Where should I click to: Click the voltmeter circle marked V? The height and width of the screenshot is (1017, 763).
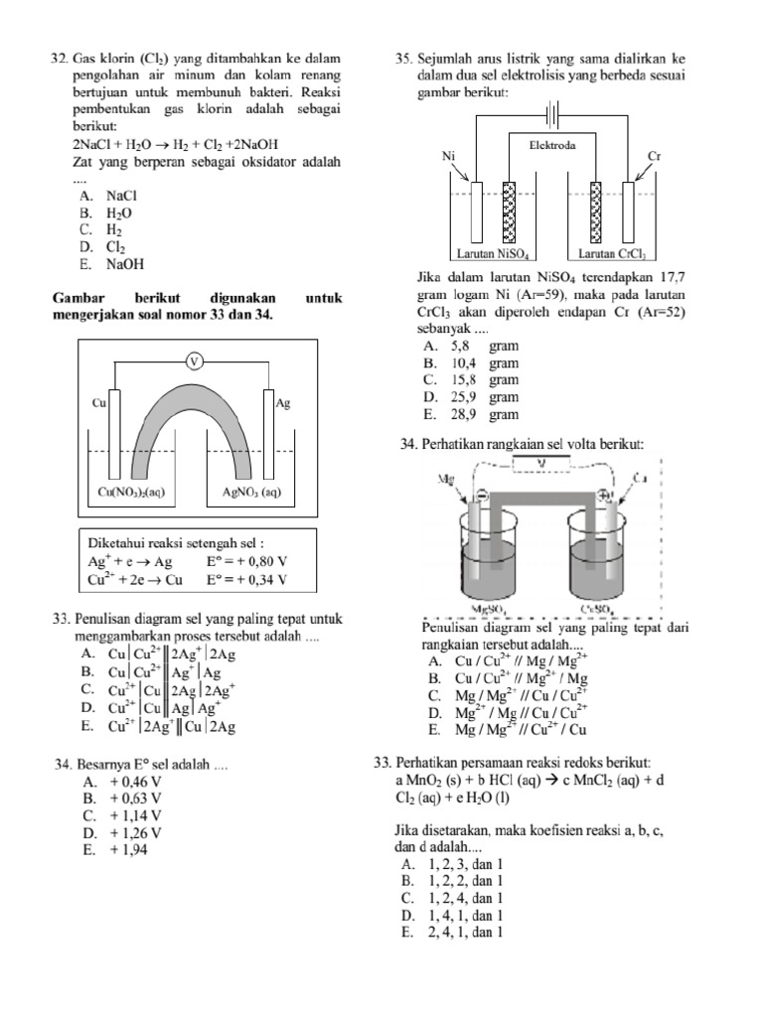point(195,361)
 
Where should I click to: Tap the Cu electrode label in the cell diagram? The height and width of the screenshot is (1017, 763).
point(99,403)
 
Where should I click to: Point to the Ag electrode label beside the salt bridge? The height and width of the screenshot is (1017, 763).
point(283,403)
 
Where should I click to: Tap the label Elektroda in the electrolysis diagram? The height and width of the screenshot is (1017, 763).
point(552,144)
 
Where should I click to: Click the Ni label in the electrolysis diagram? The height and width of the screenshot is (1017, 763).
point(449,156)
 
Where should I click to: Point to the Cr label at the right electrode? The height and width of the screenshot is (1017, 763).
point(654,156)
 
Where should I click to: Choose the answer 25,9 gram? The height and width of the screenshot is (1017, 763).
point(470,397)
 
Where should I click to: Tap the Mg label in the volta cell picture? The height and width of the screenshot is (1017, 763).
point(445,478)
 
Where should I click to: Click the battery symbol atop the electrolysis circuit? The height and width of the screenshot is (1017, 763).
point(553,110)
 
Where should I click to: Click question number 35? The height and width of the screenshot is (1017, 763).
point(403,60)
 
